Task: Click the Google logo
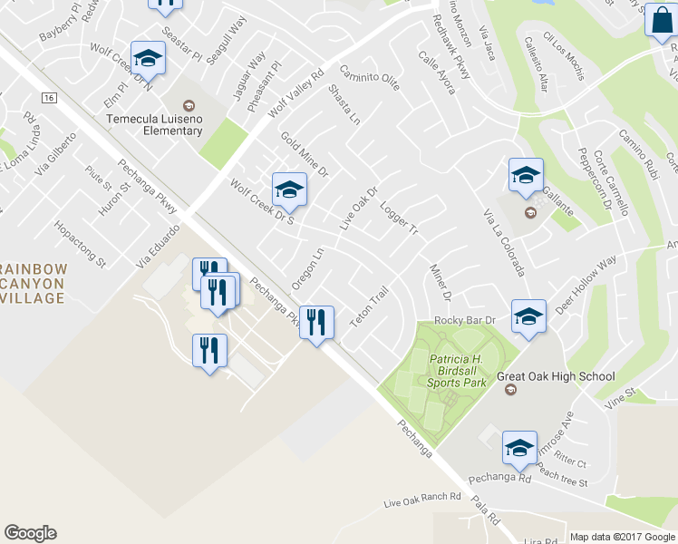click(x=30, y=533)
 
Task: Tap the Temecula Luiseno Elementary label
click(x=153, y=124)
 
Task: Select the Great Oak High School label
click(x=556, y=376)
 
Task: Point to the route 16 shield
click(x=48, y=97)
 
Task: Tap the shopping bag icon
click(x=660, y=20)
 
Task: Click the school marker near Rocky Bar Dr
click(x=528, y=318)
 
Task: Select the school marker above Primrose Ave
click(x=519, y=448)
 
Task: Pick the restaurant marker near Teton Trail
click(x=316, y=324)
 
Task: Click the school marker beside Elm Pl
click(x=147, y=60)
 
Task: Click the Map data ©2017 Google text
click(x=622, y=537)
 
